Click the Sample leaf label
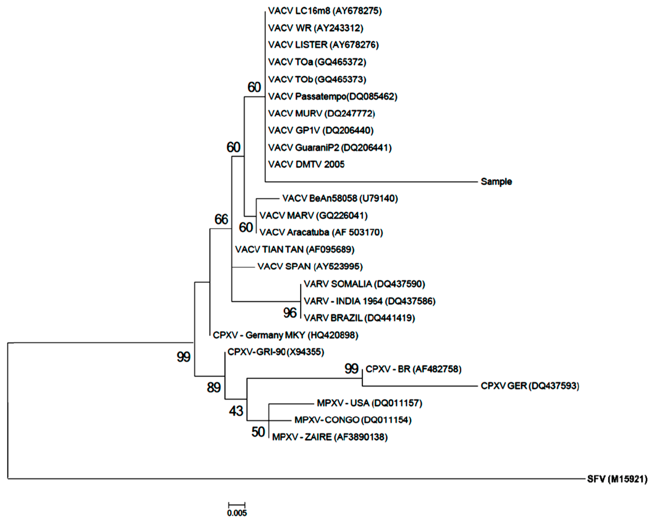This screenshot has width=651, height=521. tap(496, 182)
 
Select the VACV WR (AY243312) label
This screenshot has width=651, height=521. tap(316, 28)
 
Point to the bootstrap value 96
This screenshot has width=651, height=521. tap(290, 313)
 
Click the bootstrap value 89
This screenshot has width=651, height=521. tap(214, 387)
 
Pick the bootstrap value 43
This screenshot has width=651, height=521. tap(236, 411)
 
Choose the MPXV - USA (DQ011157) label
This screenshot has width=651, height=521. tap(369, 403)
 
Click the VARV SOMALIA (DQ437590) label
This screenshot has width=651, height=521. tap(364, 284)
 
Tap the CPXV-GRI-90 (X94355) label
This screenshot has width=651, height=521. tap(275, 352)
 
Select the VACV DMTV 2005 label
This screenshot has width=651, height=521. tap(306, 164)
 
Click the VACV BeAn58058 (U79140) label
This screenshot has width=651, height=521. tap(340, 198)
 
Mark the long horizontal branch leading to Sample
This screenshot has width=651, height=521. tap(371, 182)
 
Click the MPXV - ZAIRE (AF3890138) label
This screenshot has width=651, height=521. tap(330, 437)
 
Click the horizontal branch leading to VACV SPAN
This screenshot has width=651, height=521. tap(243, 267)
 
